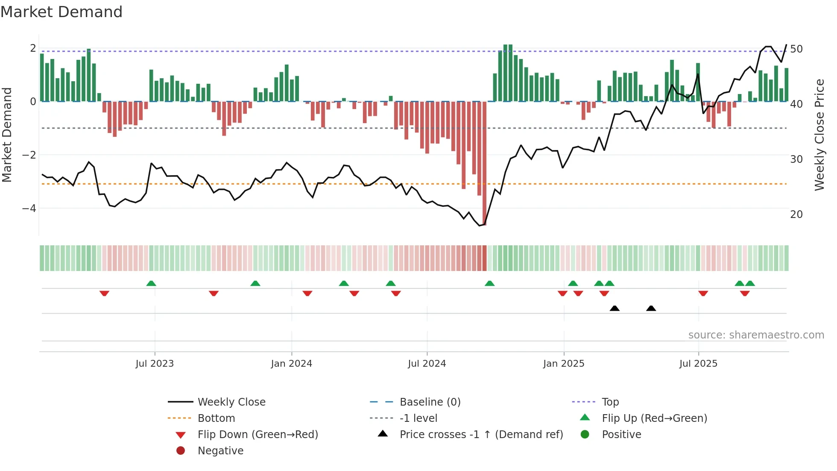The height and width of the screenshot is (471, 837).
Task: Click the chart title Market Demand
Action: tap(61, 12)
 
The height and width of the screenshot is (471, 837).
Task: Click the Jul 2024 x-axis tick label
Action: tap(427, 364)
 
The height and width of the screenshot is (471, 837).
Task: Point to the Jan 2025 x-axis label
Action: tap(564, 364)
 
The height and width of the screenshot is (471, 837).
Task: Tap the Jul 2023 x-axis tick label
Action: tap(155, 364)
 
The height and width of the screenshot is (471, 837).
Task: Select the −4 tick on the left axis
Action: tap(29, 209)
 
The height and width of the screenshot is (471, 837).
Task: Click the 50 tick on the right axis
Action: tap(796, 49)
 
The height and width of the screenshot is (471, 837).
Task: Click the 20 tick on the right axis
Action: tap(796, 215)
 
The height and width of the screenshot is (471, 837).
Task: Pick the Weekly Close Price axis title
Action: tap(819, 135)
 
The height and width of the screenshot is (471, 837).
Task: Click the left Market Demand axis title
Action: tap(7, 135)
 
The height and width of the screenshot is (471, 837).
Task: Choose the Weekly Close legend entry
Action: tap(231, 402)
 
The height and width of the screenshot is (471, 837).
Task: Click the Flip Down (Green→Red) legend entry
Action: tap(258, 435)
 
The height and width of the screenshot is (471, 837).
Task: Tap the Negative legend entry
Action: tap(220, 451)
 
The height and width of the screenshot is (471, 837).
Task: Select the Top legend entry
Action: tap(610, 402)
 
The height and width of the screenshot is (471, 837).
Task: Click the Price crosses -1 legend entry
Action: tap(481, 435)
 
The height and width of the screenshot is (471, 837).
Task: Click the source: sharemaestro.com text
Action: tap(756, 335)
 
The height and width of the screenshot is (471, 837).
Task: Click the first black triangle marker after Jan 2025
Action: tap(615, 309)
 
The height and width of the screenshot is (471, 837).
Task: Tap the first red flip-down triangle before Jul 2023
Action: tap(104, 293)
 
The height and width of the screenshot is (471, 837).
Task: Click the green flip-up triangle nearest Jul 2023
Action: tap(151, 283)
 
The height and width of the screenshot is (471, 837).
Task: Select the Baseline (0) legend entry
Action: tap(430, 402)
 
